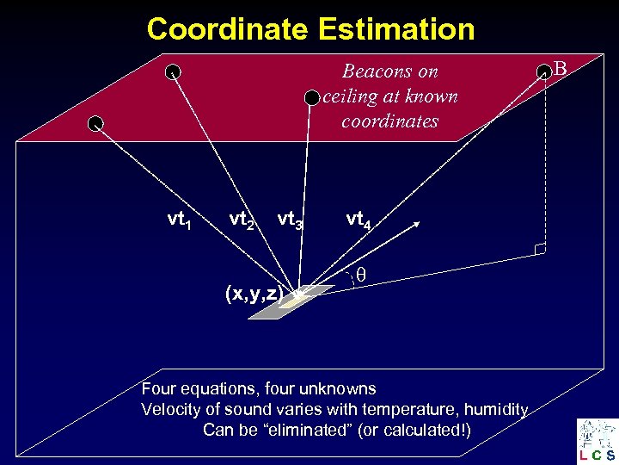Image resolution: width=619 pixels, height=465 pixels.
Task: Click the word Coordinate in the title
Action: (x=227, y=29)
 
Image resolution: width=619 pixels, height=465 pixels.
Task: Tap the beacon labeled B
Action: (x=543, y=72)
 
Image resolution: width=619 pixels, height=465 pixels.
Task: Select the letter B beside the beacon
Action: (x=561, y=66)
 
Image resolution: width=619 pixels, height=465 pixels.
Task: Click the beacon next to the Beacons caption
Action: (x=312, y=98)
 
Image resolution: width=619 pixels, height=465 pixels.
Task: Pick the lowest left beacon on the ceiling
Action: (x=95, y=122)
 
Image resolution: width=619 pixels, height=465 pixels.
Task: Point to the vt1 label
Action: (x=179, y=220)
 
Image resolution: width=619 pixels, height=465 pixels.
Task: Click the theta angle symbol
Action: (x=362, y=275)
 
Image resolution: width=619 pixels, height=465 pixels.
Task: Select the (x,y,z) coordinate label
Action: (x=254, y=293)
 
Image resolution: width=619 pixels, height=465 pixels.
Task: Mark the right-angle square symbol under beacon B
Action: (x=539, y=250)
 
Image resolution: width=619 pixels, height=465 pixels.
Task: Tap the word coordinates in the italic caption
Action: (x=389, y=121)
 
